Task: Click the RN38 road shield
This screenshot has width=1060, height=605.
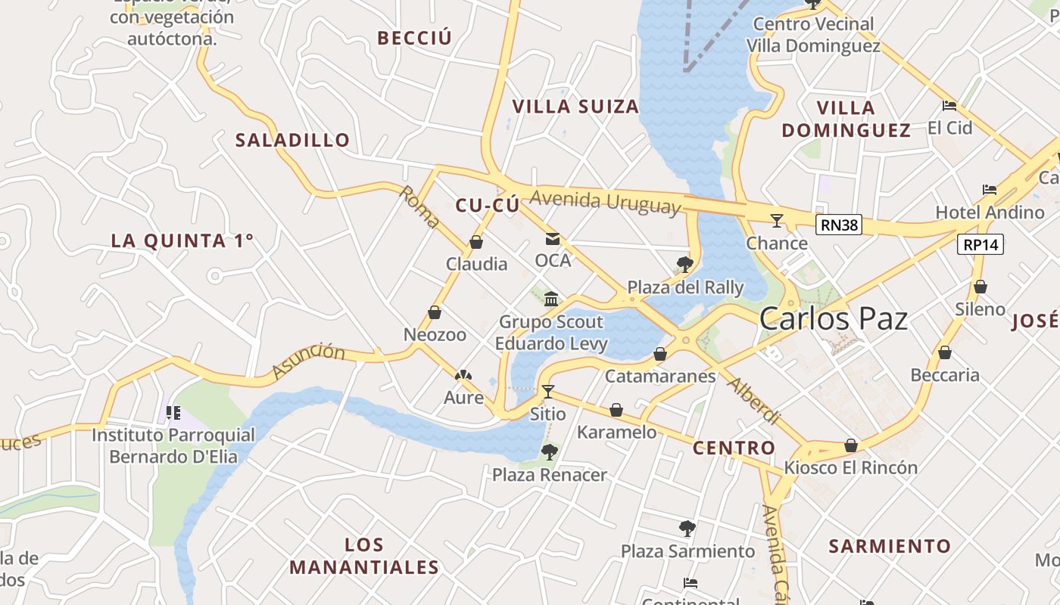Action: click(839, 225)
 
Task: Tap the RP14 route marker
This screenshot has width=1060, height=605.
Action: click(980, 244)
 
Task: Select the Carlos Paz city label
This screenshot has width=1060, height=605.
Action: click(833, 318)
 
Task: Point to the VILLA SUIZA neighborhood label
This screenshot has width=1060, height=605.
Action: click(575, 107)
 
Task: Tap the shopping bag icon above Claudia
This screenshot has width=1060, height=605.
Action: click(476, 242)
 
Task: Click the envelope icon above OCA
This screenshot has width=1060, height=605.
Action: click(553, 239)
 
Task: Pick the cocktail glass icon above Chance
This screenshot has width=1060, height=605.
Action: click(776, 221)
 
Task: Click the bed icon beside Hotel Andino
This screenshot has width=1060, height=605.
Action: click(989, 190)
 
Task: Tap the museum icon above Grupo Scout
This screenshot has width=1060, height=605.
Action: click(551, 299)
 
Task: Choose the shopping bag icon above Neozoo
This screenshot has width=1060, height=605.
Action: click(435, 312)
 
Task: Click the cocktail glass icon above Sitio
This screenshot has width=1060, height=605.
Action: click(547, 392)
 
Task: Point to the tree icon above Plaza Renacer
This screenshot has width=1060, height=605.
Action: click(549, 452)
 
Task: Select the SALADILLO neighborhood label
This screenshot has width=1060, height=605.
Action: click(292, 140)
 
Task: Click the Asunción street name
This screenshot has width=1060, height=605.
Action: click(308, 361)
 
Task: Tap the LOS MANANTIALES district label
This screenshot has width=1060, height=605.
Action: click(364, 556)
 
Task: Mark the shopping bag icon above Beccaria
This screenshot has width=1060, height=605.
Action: click(944, 352)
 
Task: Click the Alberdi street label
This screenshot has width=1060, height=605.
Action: click(753, 401)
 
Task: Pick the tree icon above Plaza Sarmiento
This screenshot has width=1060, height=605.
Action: click(687, 529)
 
